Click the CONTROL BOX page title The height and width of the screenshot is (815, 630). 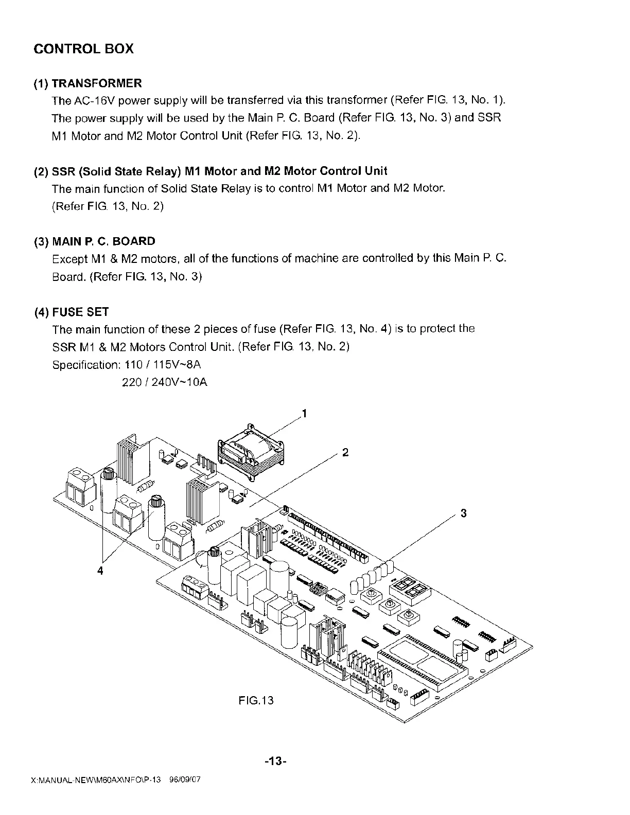[83, 49]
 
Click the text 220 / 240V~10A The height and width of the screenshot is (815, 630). [164, 383]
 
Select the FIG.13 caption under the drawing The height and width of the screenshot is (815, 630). [256, 700]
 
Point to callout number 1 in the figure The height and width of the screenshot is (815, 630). [304, 414]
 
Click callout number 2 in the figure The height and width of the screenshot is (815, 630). [345, 453]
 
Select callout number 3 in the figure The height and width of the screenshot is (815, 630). [463, 513]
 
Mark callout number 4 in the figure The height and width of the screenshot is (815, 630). [101, 571]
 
